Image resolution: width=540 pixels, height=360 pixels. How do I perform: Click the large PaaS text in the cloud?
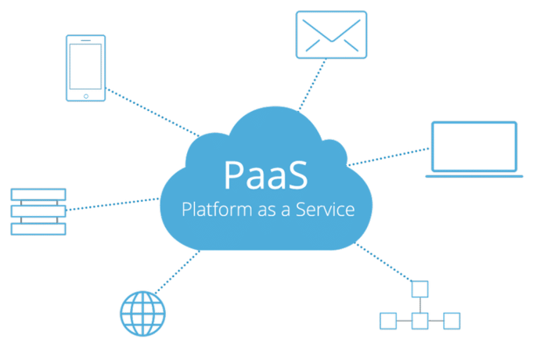click(x=266, y=175)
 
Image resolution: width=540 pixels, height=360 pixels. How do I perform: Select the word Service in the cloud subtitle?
click(x=325, y=209)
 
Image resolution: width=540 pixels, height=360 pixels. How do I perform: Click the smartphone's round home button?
click(x=86, y=96)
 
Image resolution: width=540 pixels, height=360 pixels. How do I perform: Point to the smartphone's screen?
click(x=86, y=67)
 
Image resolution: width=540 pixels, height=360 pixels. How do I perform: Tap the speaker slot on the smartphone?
click(x=86, y=40)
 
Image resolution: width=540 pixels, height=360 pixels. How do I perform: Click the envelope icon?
click(x=331, y=34)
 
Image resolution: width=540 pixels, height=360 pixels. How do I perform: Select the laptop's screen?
click(x=474, y=146)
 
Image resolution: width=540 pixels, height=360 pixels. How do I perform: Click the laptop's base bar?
click(x=474, y=176)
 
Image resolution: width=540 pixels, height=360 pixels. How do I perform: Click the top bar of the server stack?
click(x=38, y=194)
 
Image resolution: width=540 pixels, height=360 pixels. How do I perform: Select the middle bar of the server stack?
click(x=38, y=211)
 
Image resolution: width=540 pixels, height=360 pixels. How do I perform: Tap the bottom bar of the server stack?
click(x=38, y=229)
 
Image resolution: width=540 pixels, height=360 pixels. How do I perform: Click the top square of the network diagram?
click(x=419, y=289)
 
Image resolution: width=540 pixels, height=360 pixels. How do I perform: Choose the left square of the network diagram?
click(x=388, y=321)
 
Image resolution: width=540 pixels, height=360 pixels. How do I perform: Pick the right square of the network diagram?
click(x=452, y=321)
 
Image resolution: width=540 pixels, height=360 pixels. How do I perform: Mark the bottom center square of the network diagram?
click(x=419, y=321)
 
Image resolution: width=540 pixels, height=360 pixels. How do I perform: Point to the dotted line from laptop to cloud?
click(x=388, y=157)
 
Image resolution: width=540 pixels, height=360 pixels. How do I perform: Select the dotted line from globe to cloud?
click(x=177, y=272)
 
